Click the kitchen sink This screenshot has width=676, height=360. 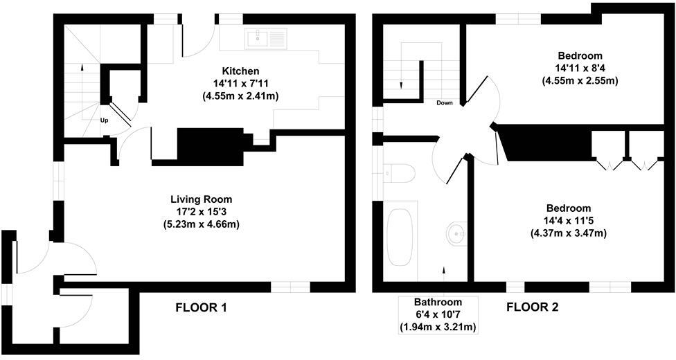pos(266,38)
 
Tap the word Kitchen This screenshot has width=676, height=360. pos(240,71)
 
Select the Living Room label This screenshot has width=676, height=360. pos(202,199)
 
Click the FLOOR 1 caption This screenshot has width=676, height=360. pos(201,308)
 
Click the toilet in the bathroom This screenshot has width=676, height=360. pos(399,174)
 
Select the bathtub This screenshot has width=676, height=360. pos(400,237)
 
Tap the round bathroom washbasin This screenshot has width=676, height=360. pos(456,234)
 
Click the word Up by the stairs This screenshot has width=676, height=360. pos(104,120)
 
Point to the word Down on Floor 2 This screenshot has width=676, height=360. pos(445,103)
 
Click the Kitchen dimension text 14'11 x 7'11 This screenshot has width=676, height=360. pos(240,83)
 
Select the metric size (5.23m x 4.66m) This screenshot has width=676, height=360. pos(202,224)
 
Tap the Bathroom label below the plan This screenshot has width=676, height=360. pos(438,303)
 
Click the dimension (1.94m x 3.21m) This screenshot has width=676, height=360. pos(438,327)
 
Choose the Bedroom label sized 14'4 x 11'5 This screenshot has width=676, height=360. pos(568,208)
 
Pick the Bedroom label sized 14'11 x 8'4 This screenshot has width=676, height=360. pos(580,56)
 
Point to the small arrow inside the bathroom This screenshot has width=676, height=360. pos(444,270)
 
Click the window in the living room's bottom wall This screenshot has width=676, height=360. pos(291,287)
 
